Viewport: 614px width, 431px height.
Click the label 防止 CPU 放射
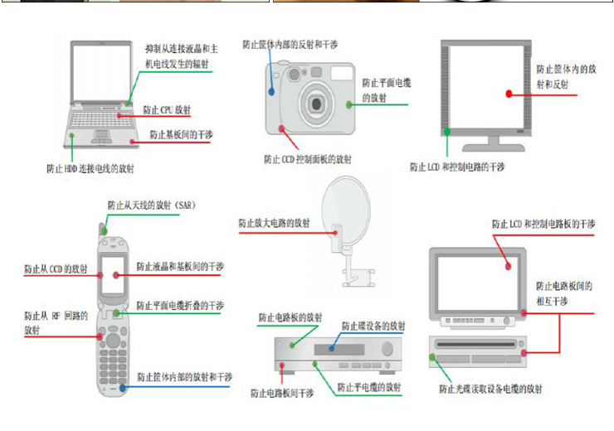167,109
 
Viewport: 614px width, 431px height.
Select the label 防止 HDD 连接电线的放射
90,168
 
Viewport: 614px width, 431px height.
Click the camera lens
316,102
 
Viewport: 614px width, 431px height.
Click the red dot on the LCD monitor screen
509,94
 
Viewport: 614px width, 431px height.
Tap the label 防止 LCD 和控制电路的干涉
457,167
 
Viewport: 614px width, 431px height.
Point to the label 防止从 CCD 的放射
56,269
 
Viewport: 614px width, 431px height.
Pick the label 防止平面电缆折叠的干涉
180,305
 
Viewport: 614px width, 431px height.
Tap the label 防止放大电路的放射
274,223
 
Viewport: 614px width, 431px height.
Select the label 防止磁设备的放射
374,326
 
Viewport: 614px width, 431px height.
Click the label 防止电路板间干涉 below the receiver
282,393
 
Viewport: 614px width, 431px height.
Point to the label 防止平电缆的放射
369,387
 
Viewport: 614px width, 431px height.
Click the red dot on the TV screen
509,268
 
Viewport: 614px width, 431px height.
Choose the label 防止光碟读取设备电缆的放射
490,388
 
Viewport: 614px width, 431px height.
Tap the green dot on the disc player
432,358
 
